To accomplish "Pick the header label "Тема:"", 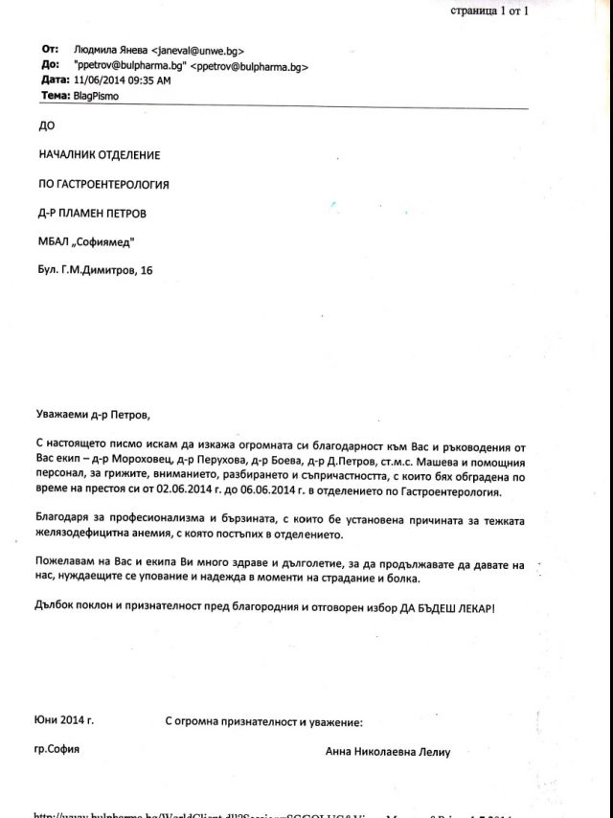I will pyautogui.click(x=54, y=97).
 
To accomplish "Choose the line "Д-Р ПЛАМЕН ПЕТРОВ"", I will pyautogui.click(x=93, y=212).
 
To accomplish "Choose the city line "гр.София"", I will pyautogui.click(x=57, y=748).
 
